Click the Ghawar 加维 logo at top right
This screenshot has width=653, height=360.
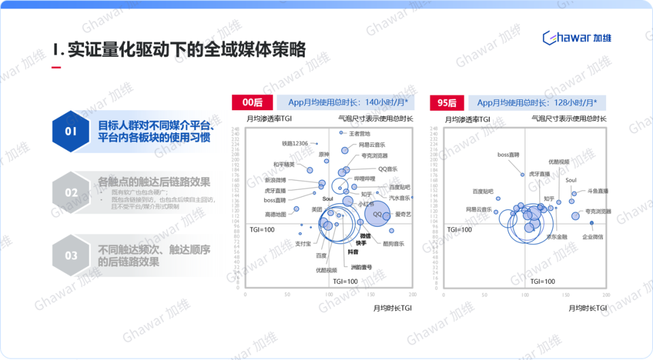click(577, 38)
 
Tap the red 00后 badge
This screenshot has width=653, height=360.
click(253, 103)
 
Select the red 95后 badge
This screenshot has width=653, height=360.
click(447, 103)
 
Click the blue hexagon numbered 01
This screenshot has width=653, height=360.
click(71, 131)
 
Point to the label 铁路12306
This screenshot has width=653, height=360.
click(295, 143)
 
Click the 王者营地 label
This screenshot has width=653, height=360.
click(360, 133)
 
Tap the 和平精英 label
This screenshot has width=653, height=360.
click(284, 164)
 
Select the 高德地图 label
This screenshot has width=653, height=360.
click(275, 214)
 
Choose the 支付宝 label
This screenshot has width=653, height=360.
click(303, 243)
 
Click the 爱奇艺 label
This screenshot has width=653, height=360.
click(403, 214)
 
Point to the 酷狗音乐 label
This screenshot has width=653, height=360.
click(394, 243)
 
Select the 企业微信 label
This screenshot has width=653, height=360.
click(592, 237)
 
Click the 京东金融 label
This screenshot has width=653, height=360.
click(556, 237)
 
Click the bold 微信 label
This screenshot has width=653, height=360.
click(365, 235)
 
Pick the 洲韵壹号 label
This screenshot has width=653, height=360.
click(362, 267)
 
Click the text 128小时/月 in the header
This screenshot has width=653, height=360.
click(574, 103)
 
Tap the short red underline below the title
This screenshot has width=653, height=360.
click(56, 67)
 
